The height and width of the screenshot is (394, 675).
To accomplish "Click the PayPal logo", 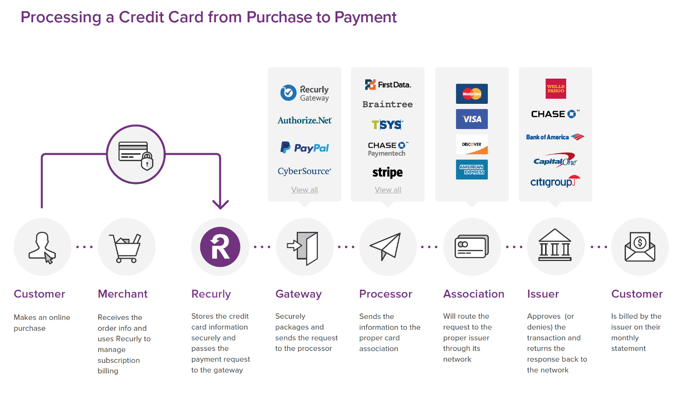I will coord(304,147).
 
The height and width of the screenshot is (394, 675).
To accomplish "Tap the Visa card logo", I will coord(472,119).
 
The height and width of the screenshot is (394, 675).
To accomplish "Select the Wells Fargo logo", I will coord(555,89).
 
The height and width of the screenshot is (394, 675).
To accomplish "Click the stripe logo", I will coord(387,173).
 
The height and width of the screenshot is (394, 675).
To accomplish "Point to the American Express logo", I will coord(472,170).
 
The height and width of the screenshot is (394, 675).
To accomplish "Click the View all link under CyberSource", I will coord(304,190).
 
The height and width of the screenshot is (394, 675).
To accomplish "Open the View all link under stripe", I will coord(388,190).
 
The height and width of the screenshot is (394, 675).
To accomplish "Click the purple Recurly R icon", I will coord(220,247).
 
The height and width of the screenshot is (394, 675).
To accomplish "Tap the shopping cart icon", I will coord(127,248).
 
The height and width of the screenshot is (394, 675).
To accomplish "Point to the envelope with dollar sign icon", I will coord(640,247).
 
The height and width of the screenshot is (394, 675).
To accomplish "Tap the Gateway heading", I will coord(298,294).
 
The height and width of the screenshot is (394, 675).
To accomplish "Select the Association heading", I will coord(473,294).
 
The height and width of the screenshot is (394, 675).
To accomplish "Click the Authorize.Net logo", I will coord(304,120).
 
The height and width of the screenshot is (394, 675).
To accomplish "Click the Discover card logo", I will coord(472,144).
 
